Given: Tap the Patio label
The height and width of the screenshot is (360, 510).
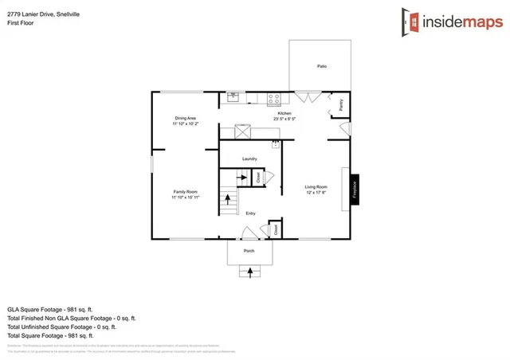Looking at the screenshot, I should pos(322,66).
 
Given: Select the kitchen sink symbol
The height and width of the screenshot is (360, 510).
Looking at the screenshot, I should pos(233,97).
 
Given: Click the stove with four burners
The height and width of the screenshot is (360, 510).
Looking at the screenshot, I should pos(275,99).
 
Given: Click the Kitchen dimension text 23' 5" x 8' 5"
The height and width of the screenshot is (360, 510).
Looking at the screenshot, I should pos(283,119).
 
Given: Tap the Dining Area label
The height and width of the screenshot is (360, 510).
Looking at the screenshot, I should pos(186,119).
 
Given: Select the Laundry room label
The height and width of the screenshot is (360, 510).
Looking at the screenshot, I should pos(249,159).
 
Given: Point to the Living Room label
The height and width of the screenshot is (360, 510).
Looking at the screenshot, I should pos(316,187).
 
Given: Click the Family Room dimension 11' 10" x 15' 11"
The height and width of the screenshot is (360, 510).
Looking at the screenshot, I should pos(186,196).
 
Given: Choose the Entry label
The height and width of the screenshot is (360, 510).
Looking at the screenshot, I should pos(250,213).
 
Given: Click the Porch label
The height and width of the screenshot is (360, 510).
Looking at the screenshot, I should pos(249,250).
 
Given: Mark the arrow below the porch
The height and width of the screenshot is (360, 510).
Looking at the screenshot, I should pos(251,272).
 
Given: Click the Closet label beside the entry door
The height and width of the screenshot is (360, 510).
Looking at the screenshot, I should pos(276,229).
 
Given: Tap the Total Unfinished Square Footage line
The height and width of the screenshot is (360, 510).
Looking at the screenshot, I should pos(62,327).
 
